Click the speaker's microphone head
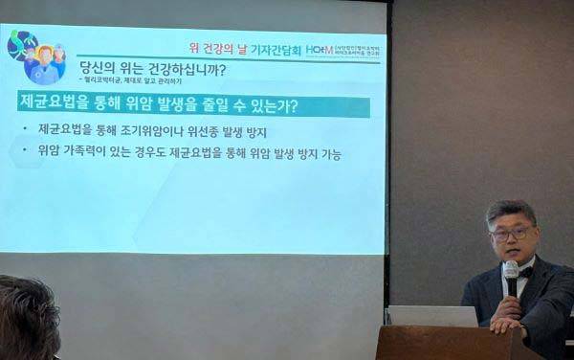coord(511,271)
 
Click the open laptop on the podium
coord(432,316)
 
